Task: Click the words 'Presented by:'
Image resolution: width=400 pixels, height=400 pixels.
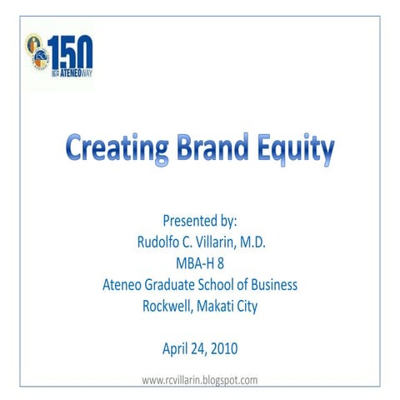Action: (x=200, y=221)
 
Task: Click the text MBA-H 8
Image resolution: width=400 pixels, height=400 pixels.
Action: (x=200, y=263)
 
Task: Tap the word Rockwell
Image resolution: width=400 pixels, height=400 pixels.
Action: (x=169, y=307)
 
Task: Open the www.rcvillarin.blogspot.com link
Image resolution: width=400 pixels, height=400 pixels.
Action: (x=200, y=380)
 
